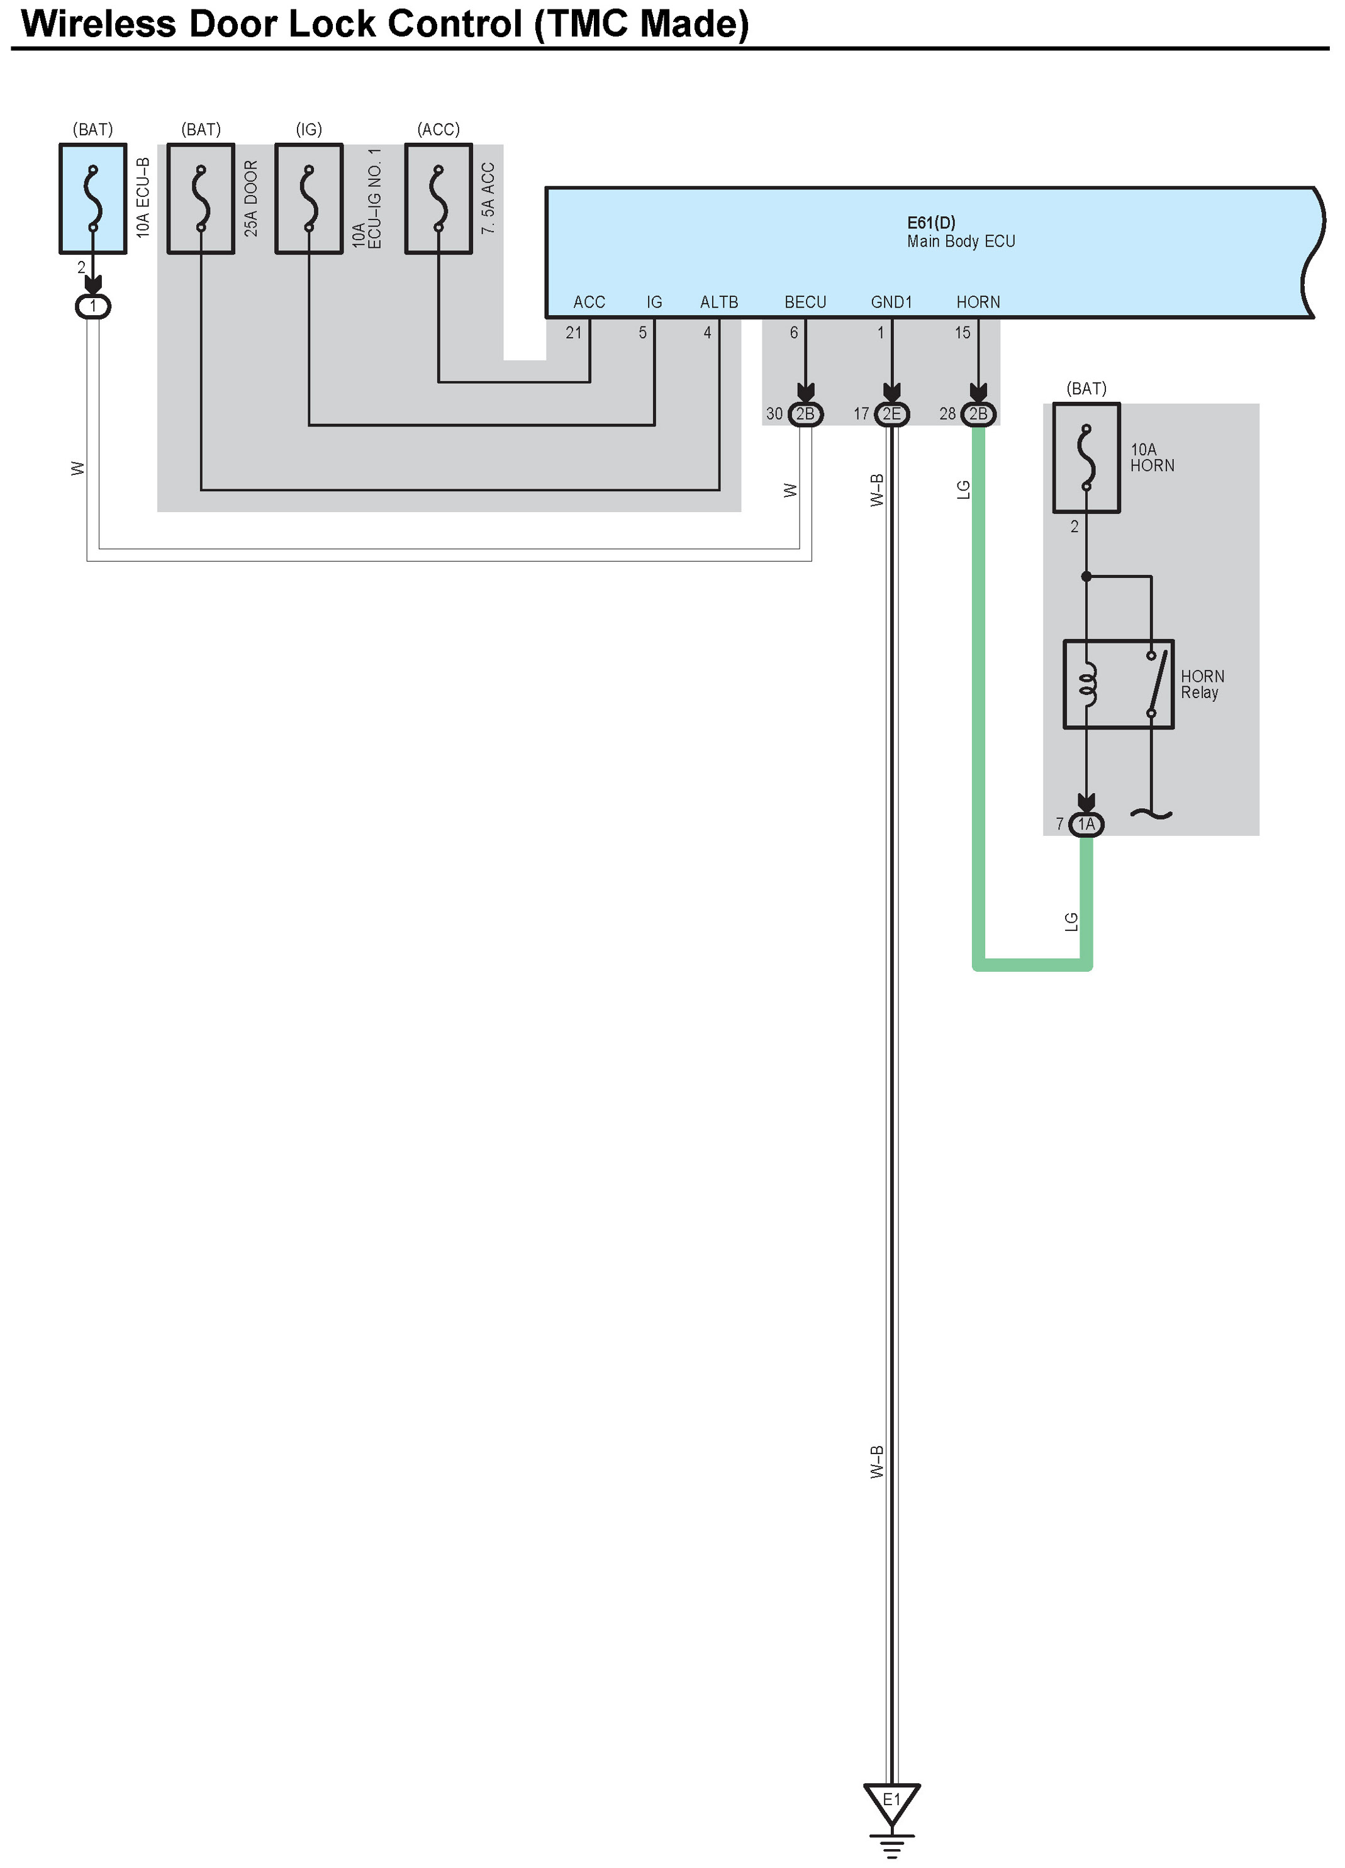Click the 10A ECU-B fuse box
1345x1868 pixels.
93,199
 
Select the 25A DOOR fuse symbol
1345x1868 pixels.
201,199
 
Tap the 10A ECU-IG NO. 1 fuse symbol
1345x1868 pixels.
309,199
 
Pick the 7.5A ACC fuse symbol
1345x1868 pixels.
438,199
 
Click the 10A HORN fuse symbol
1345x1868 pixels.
1086,458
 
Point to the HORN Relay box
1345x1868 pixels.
1119,684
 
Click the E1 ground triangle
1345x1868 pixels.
891,1802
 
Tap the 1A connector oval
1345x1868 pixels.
1086,825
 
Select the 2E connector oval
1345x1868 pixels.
891,413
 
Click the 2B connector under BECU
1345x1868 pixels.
805,413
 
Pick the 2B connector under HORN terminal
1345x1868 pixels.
978,413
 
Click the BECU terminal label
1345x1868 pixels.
805,303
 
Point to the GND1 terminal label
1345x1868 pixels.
891,303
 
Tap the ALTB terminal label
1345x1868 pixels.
719,303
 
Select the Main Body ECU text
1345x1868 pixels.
961,242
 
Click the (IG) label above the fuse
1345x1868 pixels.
309,130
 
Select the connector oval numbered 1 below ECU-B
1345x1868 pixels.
93,306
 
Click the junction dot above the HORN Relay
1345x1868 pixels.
1086,577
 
